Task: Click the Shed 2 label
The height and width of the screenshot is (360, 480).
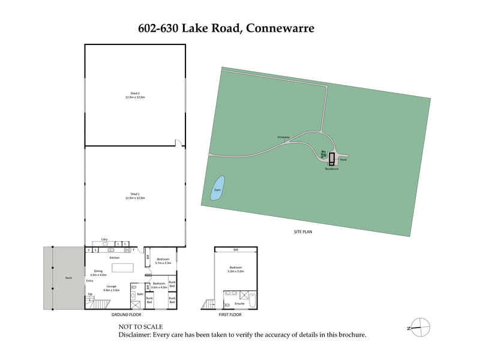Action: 135,93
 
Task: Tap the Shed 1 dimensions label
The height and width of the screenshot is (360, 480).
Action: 135,198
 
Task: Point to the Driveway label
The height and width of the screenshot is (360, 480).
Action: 283,137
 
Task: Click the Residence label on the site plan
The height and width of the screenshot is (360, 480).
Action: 332,169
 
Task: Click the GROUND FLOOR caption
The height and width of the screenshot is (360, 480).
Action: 127,314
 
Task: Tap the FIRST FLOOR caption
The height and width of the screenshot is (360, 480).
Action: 230,314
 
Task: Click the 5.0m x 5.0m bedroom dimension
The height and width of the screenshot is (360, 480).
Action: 236,271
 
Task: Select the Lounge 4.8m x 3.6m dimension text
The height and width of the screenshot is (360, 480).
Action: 112,290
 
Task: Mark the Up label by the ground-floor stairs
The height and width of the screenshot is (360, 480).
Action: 91,294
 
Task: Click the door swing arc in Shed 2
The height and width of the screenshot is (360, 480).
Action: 179,143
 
